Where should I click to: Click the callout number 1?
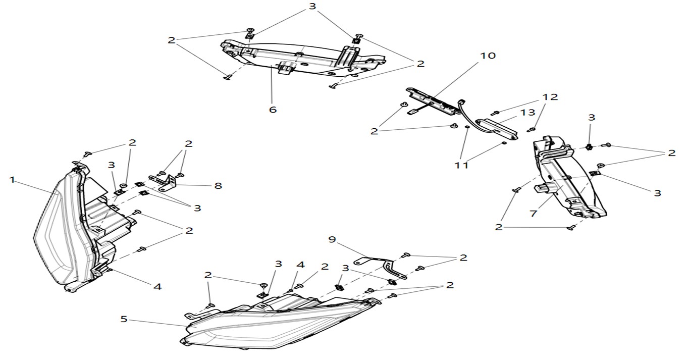tap(12, 179)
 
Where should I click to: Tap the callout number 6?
tap(273, 109)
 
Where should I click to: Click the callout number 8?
tap(218, 185)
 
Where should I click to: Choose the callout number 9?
tap(332, 240)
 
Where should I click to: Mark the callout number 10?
tap(488, 56)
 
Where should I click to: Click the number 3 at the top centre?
tap(313, 7)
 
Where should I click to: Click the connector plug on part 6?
tap(286, 68)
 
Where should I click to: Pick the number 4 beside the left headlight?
tap(157, 286)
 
